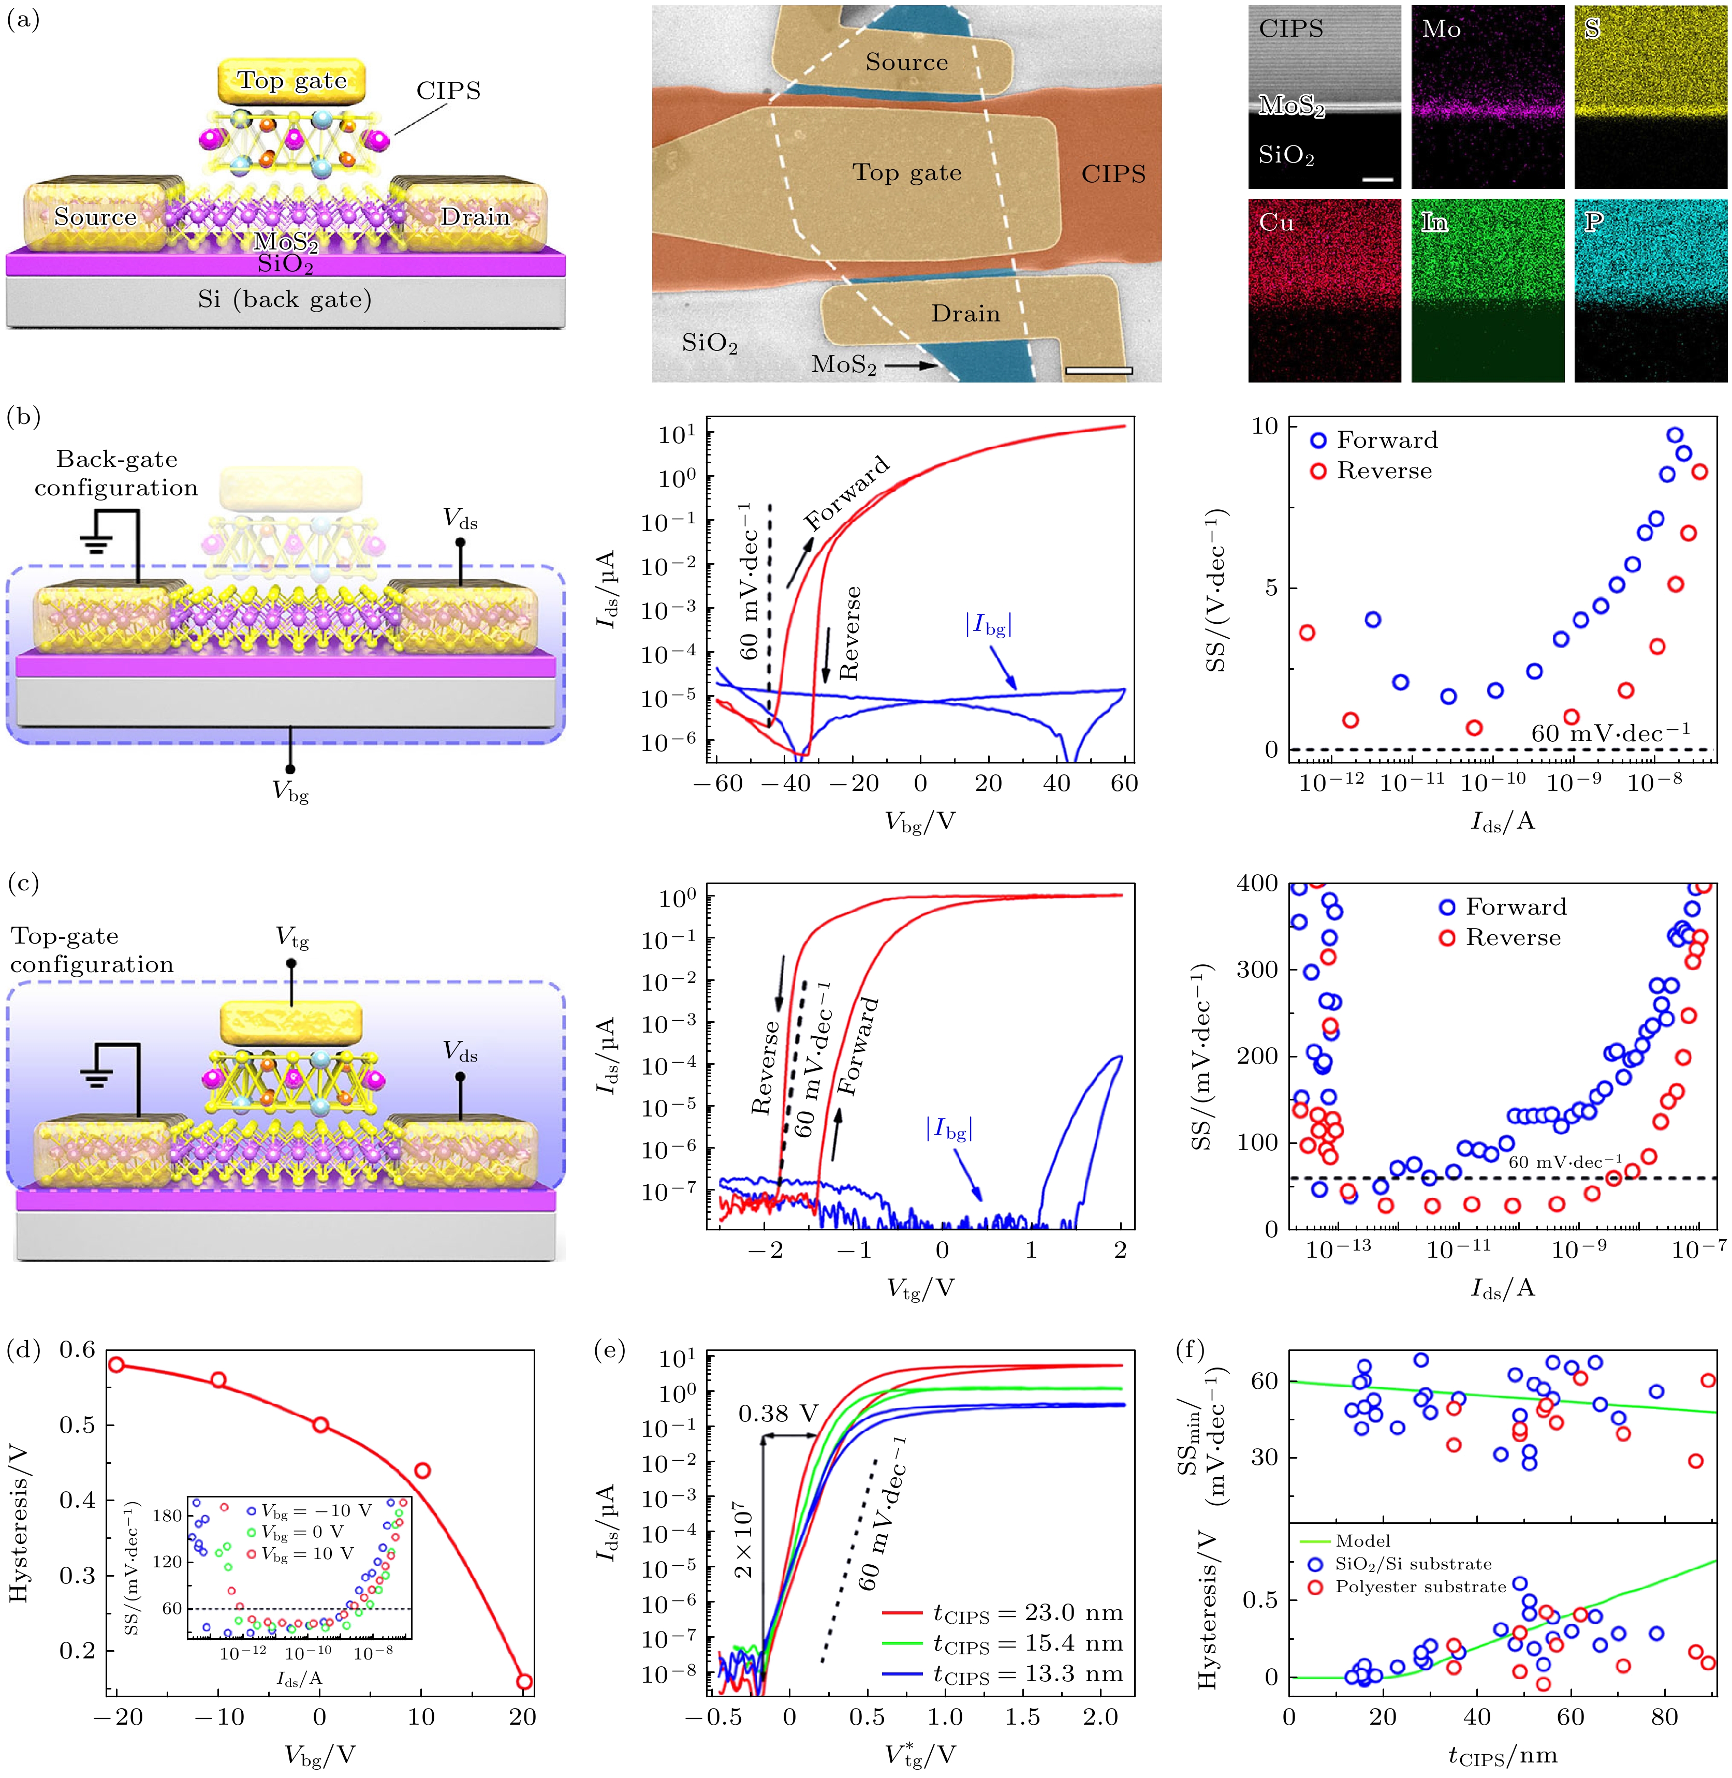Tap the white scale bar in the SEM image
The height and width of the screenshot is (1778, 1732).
coord(1098,370)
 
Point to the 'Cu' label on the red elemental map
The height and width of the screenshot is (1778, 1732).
coord(1276,223)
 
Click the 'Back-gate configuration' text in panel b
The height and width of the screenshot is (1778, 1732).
coord(116,473)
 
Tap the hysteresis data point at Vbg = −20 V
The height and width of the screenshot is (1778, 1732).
coord(116,1365)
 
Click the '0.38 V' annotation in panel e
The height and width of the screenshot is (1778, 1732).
coord(778,1414)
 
